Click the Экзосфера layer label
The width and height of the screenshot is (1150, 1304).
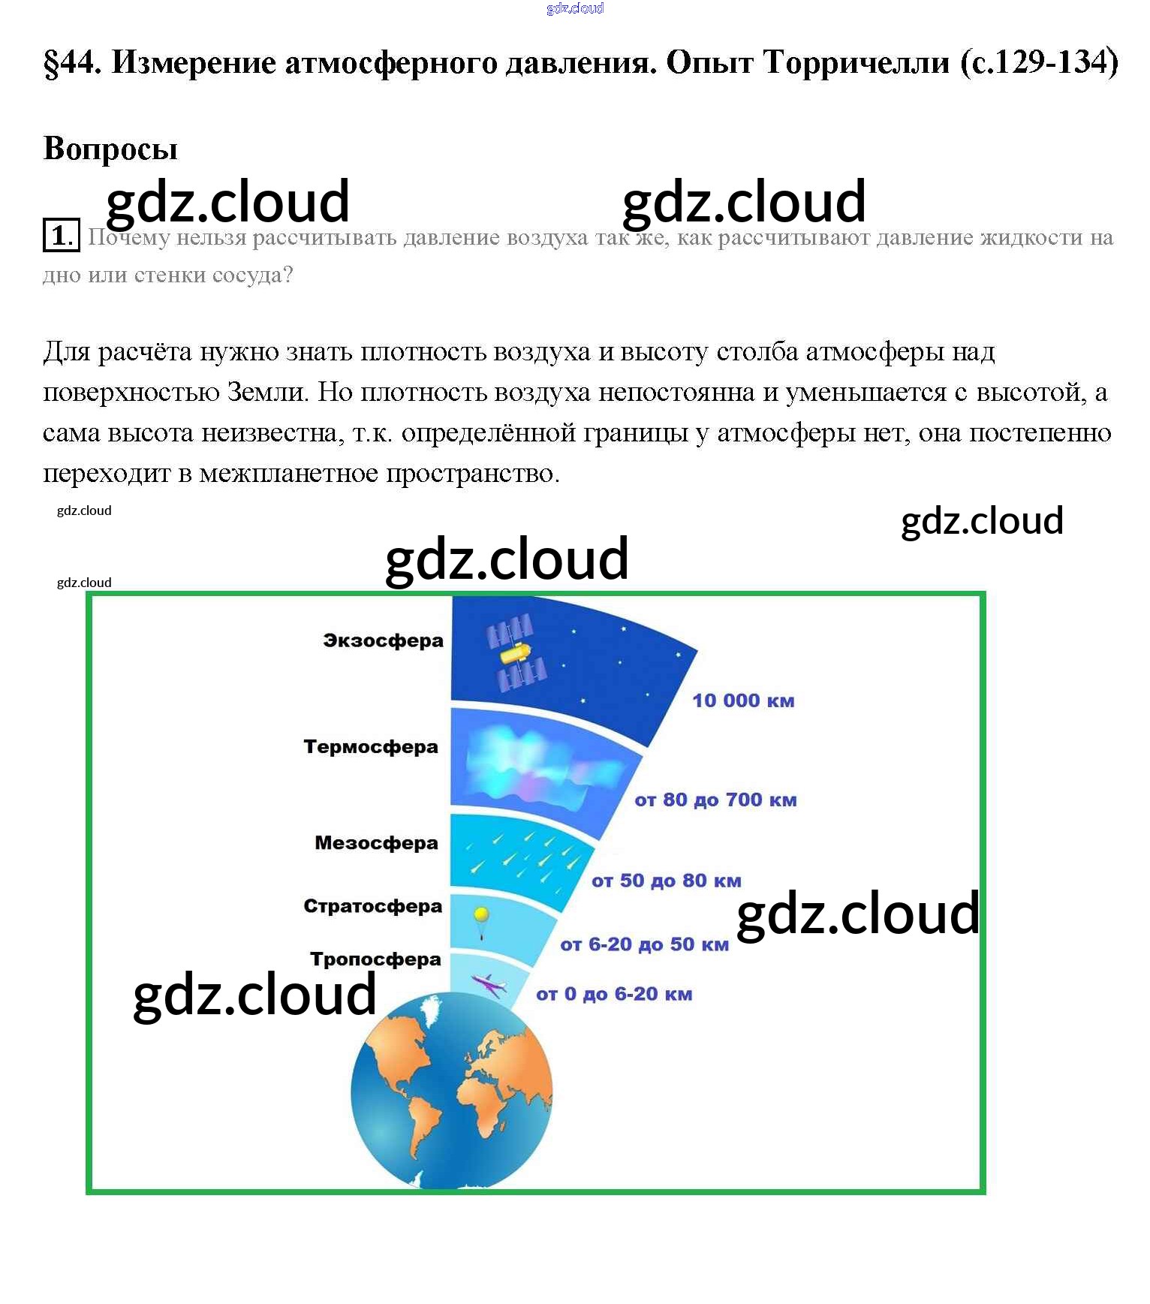click(x=383, y=640)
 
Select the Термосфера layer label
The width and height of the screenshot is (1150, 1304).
click(x=371, y=747)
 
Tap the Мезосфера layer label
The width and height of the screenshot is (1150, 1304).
click(x=376, y=843)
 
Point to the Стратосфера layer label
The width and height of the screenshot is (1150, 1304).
click(x=372, y=906)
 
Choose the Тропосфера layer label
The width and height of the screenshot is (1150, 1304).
click(x=375, y=959)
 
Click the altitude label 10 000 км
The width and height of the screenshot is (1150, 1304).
click(x=743, y=700)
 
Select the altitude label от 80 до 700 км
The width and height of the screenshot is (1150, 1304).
click(x=715, y=800)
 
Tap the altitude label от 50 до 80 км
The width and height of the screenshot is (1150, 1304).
click(x=667, y=881)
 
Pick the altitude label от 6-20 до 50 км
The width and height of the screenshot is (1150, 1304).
click(x=644, y=944)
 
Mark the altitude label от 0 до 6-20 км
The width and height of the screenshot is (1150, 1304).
click(x=614, y=995)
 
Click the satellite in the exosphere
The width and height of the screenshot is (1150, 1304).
click(x=516, y=652)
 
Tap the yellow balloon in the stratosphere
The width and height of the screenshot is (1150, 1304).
click(x=481, y=916)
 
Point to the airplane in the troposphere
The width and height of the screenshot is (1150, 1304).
click(x=488, y=984)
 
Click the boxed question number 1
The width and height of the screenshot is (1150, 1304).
click(x=60, y=236)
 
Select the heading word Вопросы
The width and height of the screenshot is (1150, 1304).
click(x=110, y=149)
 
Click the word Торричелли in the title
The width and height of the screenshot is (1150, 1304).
click(x=856, y=63)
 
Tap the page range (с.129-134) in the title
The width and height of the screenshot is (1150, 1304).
click(x=1039, y=63)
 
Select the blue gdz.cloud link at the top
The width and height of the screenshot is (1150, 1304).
click(x=575, y=8)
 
